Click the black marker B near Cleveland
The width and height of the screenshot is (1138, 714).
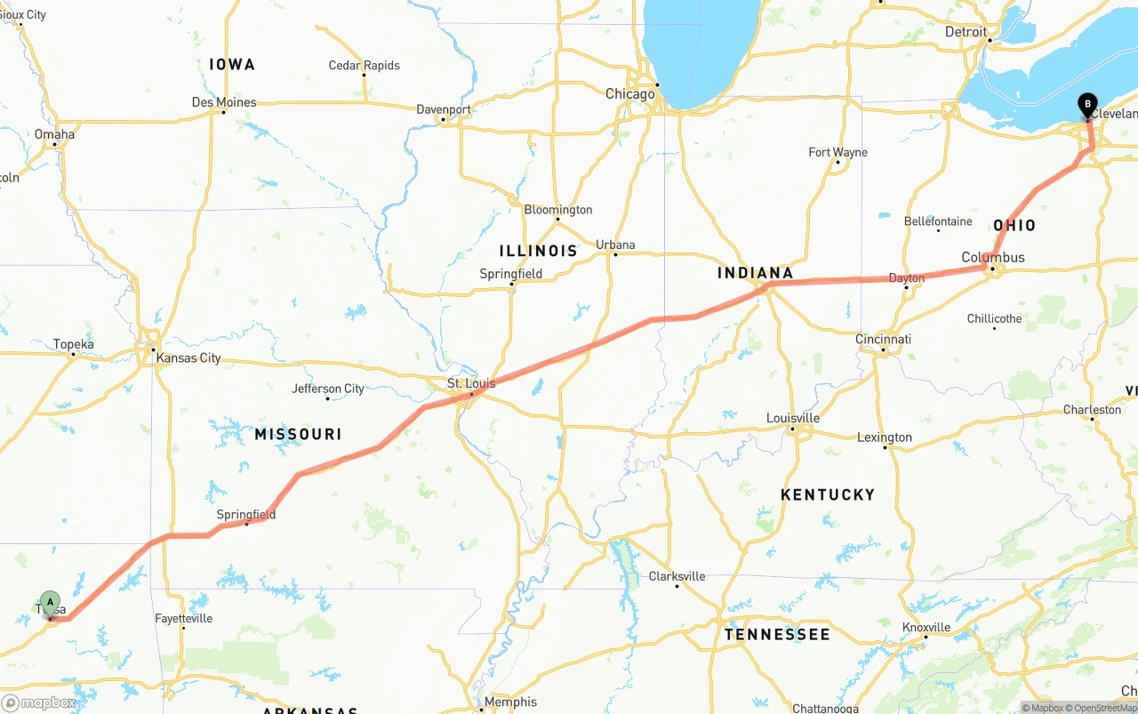click(x=1086, y=105)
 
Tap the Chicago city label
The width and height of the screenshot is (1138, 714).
click(x=629, y=93)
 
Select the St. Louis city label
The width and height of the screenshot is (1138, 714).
click(x=471, y=384)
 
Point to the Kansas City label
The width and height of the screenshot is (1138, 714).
click(x=188, y=358)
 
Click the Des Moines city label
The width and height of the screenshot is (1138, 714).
click(x=224, y=102)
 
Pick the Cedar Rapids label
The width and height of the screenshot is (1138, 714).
click(x=364, y=65)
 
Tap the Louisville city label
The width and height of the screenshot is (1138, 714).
click(x=793, y=418)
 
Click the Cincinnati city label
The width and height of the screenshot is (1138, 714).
click(x=883, y=339)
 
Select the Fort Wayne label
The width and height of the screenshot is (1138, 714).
click(x=837, y=152)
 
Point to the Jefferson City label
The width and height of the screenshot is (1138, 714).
click(x=328, y=389)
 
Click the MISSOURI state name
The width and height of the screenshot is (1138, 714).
click(x=298, y=434)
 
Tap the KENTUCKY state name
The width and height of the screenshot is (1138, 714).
click(x=827, y=494)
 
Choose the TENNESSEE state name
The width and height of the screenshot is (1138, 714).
click(x=776, y=634)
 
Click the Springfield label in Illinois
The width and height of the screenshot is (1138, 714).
click(x=510, y=274)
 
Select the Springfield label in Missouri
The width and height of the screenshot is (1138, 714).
click(x=246, y=514)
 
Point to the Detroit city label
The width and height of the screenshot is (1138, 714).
click(x=966, y=31)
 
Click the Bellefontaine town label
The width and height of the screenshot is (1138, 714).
click(x=937, y=221)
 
